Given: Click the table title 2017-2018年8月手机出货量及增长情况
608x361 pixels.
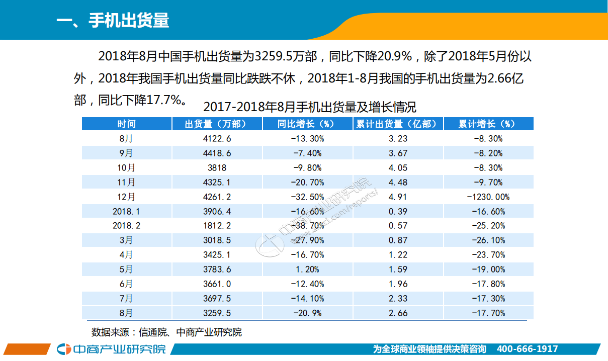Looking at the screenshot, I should pos(310,107).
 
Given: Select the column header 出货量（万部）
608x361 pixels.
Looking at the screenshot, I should pos(217,124).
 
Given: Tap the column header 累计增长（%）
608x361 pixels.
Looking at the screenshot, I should pos(488,124).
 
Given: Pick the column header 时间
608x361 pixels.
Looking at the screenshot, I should pos(127,124).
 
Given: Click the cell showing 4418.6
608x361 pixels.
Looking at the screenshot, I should pos(217,153).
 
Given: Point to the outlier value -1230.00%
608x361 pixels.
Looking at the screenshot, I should pos(488,197).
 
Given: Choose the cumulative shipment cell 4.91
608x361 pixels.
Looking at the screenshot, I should pos(398,197).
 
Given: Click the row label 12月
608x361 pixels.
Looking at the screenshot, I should pos(127,197).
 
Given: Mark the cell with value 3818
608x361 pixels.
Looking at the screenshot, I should pos(217,168).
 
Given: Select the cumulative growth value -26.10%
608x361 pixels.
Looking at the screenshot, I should pos(488,241).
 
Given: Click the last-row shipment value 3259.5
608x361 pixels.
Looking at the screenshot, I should pos(217,313).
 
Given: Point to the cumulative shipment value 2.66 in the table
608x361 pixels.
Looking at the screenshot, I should pos(398,313).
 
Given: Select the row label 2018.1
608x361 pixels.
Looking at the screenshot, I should pos(127,212).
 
